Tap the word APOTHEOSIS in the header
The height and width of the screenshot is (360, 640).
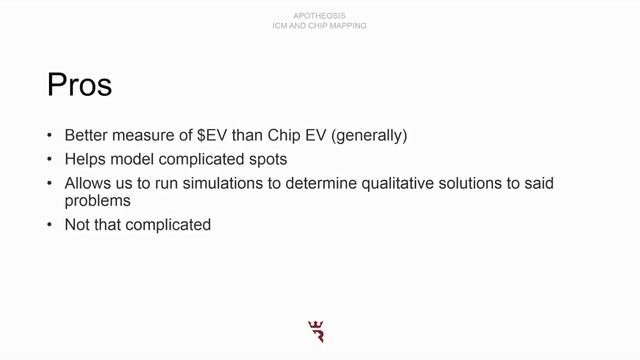[320, 16]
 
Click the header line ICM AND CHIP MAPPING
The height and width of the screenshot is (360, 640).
[320, 25]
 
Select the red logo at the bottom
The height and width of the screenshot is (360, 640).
[318, 332]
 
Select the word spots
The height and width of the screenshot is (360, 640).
[265, 160]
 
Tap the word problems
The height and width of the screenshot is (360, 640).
[98, 200]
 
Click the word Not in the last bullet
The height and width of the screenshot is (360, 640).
[78, 225]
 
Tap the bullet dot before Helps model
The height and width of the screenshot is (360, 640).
[51, 160]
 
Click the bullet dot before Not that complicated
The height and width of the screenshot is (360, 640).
[51, 225]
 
